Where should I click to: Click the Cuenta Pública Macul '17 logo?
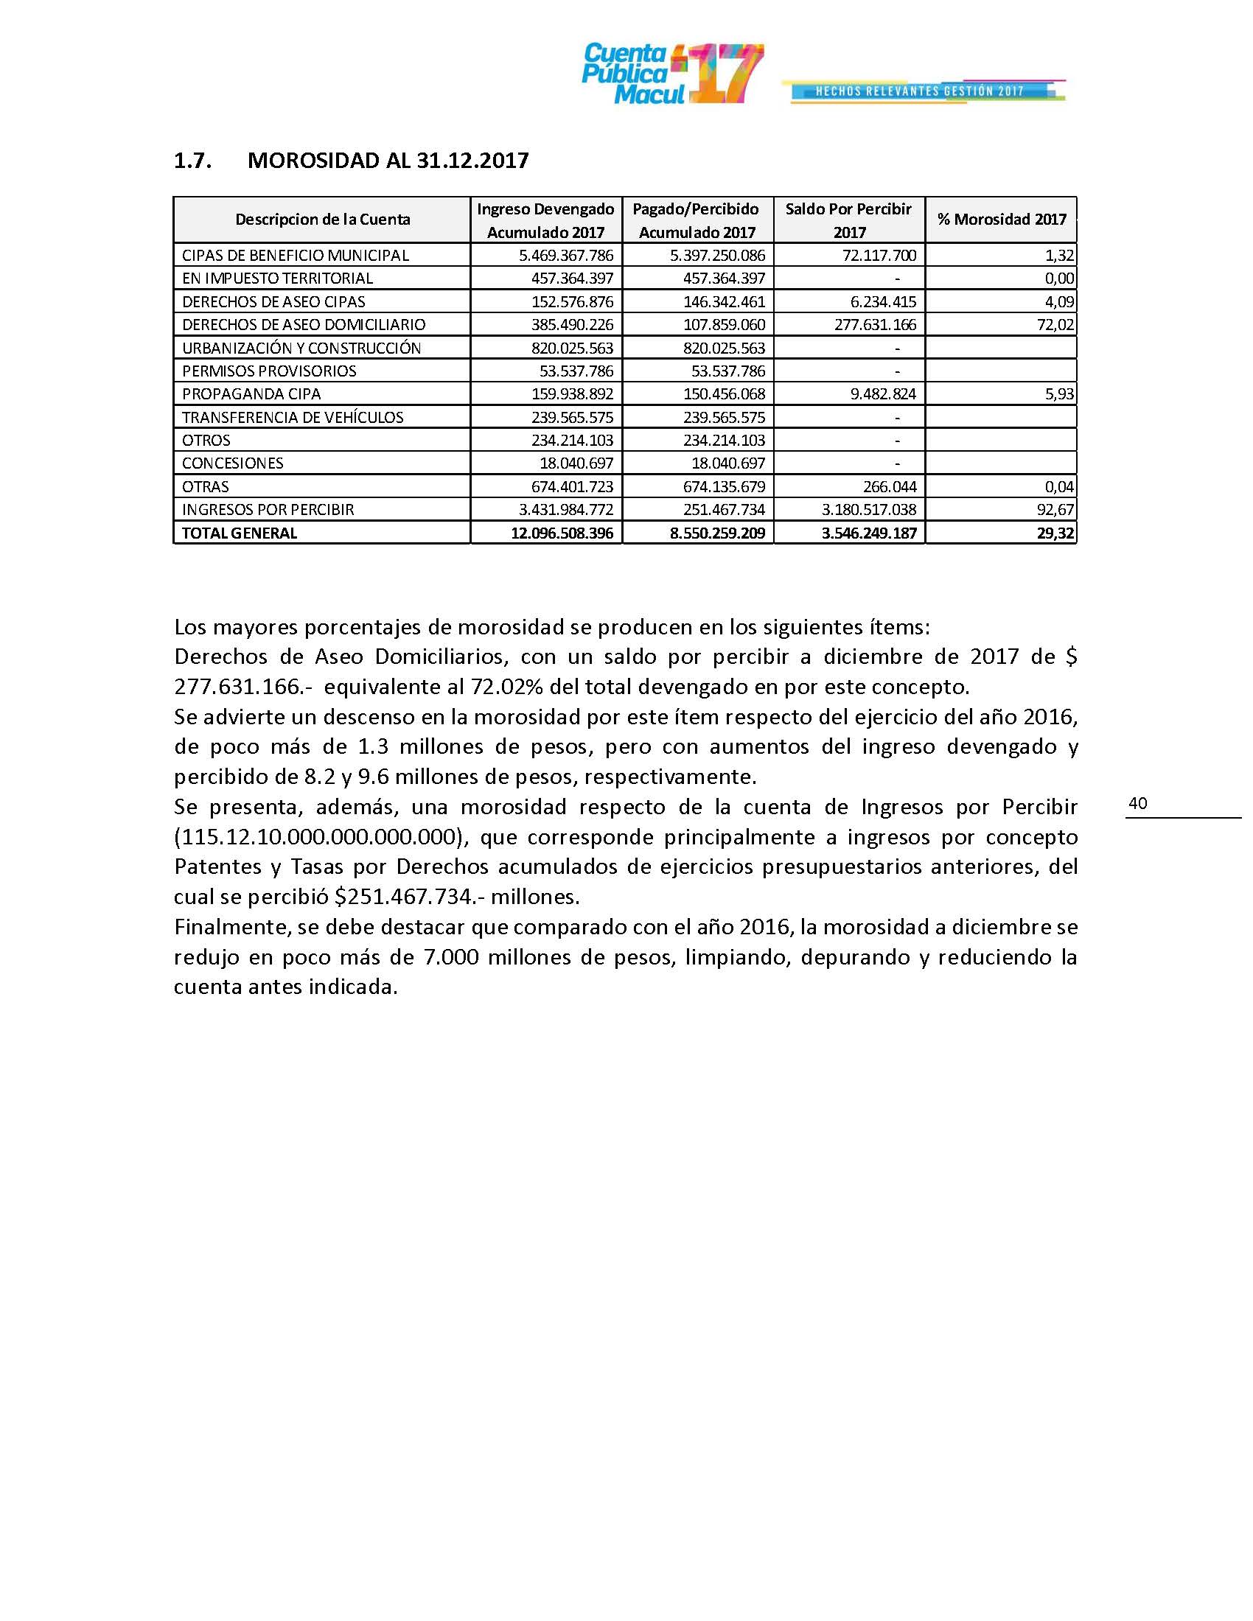[x=671, y=74]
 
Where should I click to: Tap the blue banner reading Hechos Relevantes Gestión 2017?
[x=921, y=91]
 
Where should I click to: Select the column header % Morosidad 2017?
[x=1002, y=219]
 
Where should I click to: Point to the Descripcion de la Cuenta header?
[x=322, y=219]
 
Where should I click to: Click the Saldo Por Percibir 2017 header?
[x=848, y=220]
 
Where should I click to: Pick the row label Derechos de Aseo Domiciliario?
[x=304, y=324]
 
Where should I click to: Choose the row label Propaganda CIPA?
[x=251, y=393]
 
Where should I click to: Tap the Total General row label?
[x=239, y=533]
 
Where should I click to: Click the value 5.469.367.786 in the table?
[x=565, y=256]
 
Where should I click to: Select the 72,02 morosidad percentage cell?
[x=1058, y=324]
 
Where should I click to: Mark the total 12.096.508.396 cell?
[x=562, y=533]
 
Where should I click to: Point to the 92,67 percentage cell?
[x=1058, y=509]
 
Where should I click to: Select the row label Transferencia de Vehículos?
[x=293, y=417]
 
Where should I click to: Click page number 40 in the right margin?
[x=1137, y=803]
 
